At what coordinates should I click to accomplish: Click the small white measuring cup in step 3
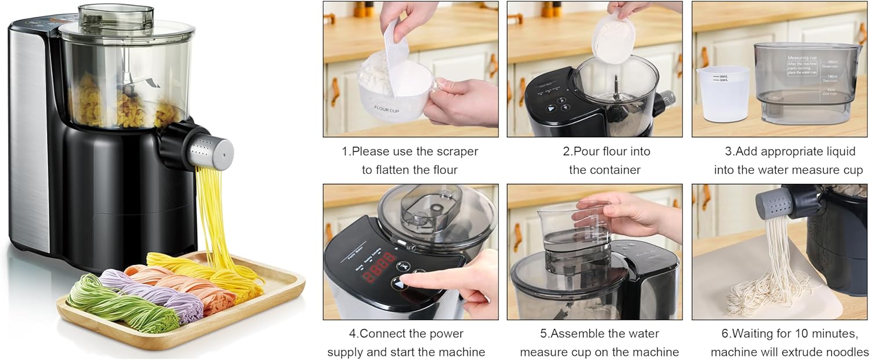(x=722, y=93)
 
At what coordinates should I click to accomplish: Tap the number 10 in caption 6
(x=800, y=334)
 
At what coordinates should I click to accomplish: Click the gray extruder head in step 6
(x=774, y=203)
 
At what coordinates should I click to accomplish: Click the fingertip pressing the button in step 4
(x=406, y=282)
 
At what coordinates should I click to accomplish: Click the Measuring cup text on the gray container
(x=802, y=59)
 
